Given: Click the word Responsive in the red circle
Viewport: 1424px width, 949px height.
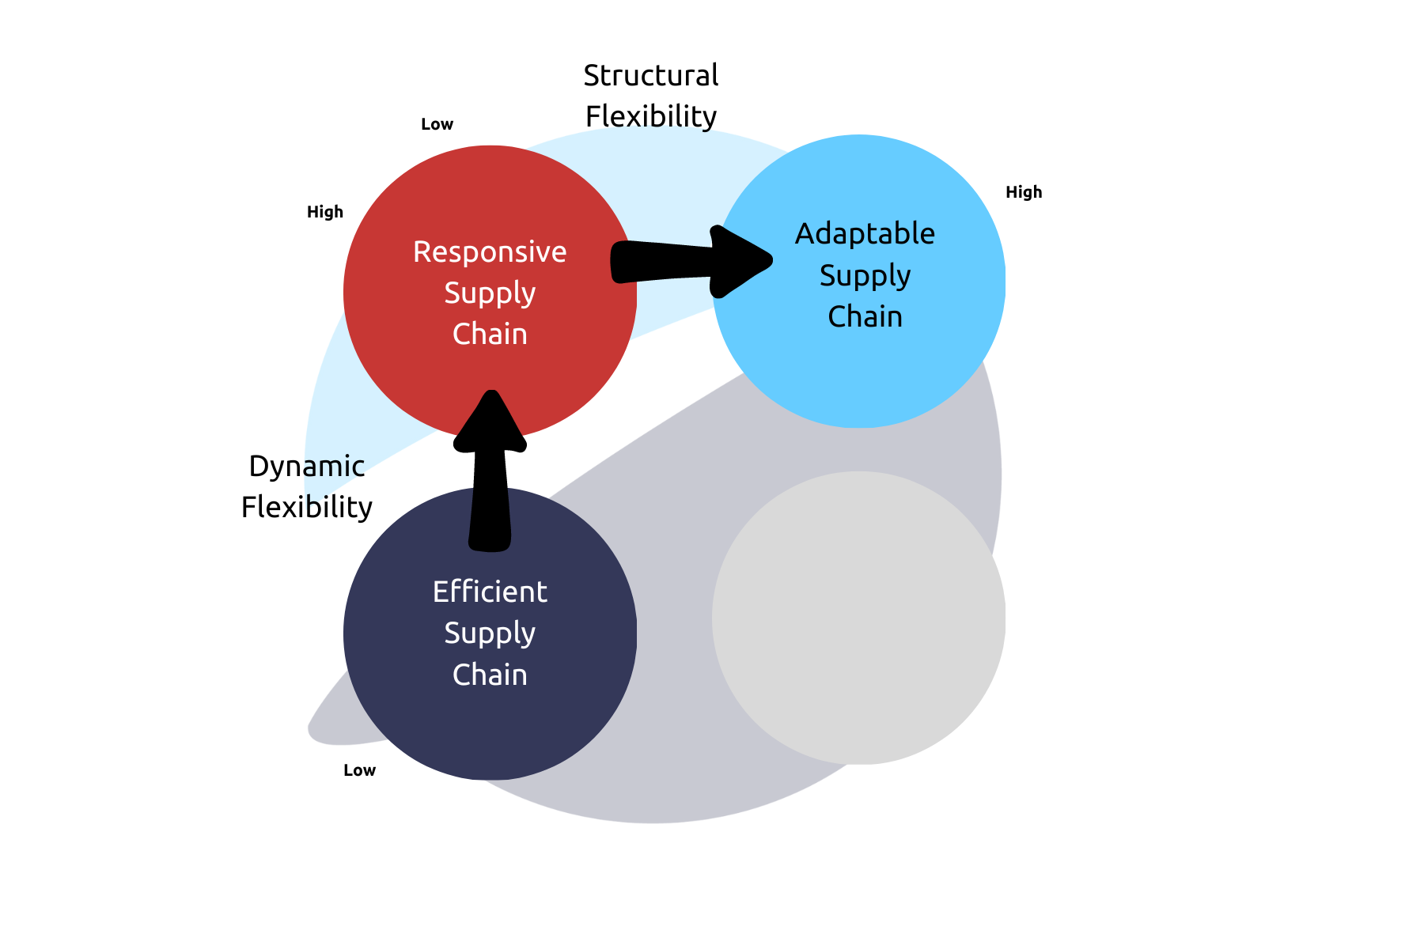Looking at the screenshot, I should [x=490, y=252].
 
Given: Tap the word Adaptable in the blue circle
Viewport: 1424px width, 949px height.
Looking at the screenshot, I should [x=865, y=234].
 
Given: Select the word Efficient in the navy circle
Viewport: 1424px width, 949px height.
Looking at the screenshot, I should [x=490, y=592].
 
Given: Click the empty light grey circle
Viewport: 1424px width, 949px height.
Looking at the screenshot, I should [x=858, y=618].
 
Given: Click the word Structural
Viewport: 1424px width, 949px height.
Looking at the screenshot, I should [x=650, y=76].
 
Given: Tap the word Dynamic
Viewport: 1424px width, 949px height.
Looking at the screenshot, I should [x=307, y=467].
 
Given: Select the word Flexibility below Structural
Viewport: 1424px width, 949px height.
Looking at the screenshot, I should [x=650, y=116].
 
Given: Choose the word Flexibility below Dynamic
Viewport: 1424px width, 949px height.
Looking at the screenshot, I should [x=307, y=507].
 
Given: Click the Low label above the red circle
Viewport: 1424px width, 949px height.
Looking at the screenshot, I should [x=437, y=124].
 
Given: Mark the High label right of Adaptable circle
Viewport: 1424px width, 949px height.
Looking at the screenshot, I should [x=1024, y=192].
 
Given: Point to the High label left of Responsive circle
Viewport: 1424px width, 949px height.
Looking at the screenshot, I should [x=325, y=212].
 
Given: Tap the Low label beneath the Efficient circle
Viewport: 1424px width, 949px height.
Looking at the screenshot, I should [x=359, y=770].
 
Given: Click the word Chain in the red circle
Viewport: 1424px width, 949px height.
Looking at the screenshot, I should [x=490, y=335].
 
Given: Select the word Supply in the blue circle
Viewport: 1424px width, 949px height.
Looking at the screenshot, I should [x=865, y=276].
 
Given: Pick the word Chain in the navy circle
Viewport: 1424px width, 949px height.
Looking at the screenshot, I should [x=490, y=675].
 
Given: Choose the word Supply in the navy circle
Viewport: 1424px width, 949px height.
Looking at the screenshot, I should [x=490, y=633].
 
